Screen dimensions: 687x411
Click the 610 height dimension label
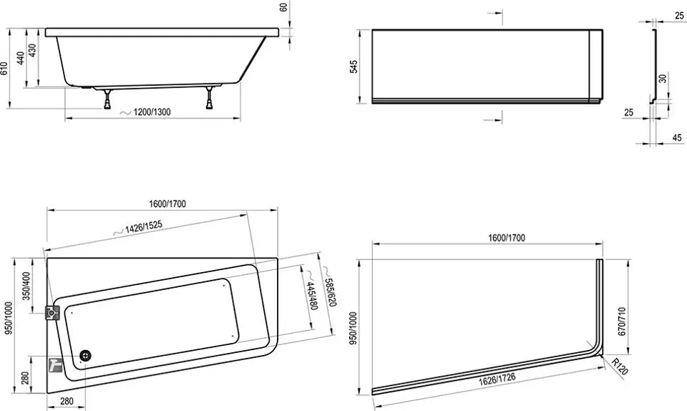pyautogui.click(x=4, y=68)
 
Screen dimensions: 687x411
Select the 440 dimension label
pyautogui.click(x=21, y=58)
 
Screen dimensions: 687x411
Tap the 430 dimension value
pyautogui.click(x=32, y=50)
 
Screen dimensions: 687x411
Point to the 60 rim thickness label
pyautogui.click(x=283, y=7)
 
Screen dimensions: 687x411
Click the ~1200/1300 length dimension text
pyautogui.click(x=145, y=112)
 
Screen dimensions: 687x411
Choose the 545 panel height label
pyautogui.click(x=354, y=67)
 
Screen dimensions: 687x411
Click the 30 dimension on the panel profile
pyautogui.click(x=663, y=79)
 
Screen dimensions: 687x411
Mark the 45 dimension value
pyautogui.click(x=677, y=137)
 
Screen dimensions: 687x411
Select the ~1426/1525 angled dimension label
pyautogui.click(x=138, y=228)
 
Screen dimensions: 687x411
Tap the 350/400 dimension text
pyautogui.click(x=26, y=286)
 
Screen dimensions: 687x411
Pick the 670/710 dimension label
pyautogui.click(x=622, y=321)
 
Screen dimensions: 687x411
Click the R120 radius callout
pyautogui.click(x=620, y=367)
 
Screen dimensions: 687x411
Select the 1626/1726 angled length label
pyautogui.click(x=497, y=379)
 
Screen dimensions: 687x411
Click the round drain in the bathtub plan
pyautogui.click(x=86, y=356)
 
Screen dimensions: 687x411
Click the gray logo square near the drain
pyautogui.click(x=55, y=364)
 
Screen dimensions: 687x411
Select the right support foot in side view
pyautogui.click(x=210, y=97)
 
